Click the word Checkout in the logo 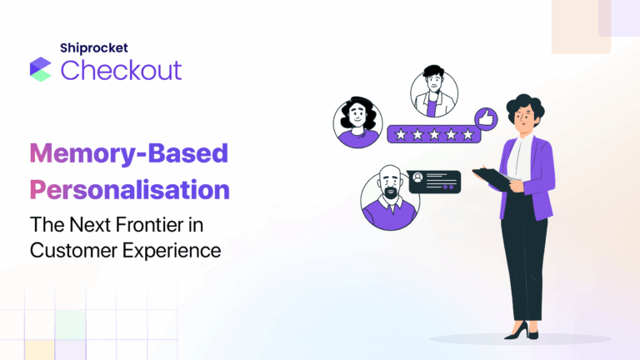tap(121, 70)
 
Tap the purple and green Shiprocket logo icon tap(40, 69)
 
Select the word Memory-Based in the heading tap(128, 153)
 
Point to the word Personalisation tap(129, 189)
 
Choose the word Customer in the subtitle tap(67, 249)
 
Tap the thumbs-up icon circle tap(485, 118)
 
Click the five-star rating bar tap(429, 133)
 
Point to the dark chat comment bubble tap(433, 181)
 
